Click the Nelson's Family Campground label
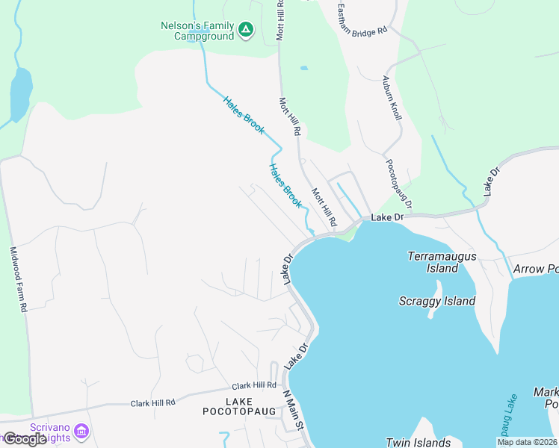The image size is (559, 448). pyautogui.click(x=197, y=30)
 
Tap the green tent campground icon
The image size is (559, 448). pyautogui.click(x=246, y=31)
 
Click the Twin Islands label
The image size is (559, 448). pyautogui.click(x=418, y=442)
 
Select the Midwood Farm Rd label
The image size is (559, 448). pyautogui.click(x=19, y=279)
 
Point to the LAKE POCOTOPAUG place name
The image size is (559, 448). pyautogui.click(x=234, y=406)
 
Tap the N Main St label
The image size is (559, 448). pyautogui.click(x=291, y=410)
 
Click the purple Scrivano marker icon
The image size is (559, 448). pyautogui.click(x=82, y=431)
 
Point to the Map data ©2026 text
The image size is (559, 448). pyautogui.click(x=527, y=442)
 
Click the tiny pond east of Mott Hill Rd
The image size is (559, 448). pyautogui.click(x=303, y=68)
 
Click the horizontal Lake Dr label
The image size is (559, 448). pyautogui.click(x=387, y=217)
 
